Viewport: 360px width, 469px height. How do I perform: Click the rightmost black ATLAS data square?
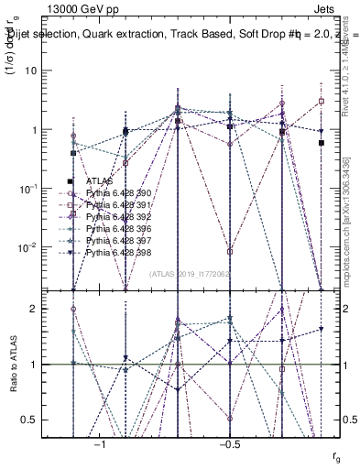[321, 143]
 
